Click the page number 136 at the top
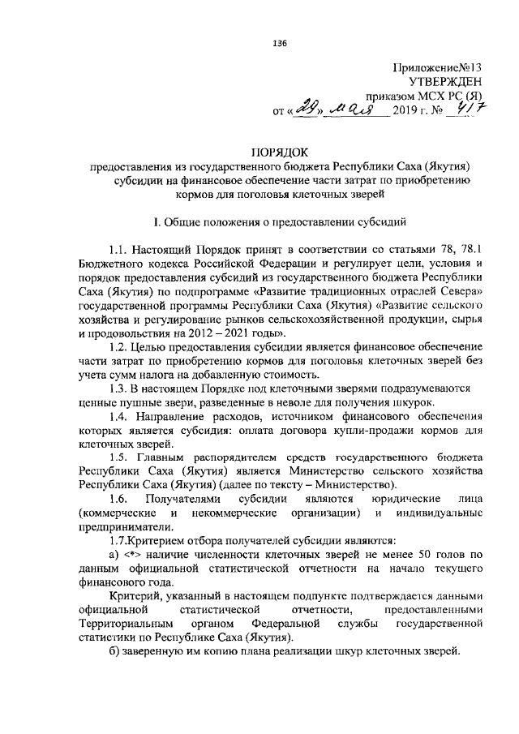click(x=281, y=42)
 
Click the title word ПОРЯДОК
click(x=280, y=152)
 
